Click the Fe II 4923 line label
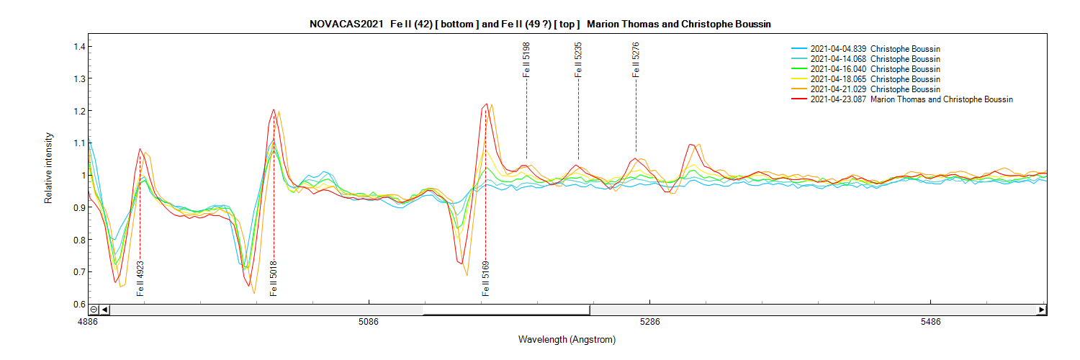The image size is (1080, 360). coord(140,279)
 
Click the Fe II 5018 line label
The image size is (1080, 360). coord(274,279)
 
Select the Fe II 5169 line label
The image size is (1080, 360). coord(486,279)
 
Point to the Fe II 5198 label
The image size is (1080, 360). coord(527,60)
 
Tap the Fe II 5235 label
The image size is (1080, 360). coord(578,60)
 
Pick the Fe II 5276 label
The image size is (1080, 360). coord(636,60)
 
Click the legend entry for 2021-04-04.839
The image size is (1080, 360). coord(875,49)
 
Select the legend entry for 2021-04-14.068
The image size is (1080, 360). coord(875,59)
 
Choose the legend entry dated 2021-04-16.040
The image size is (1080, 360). coord(875,69)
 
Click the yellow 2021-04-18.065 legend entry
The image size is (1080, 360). coord(875,79)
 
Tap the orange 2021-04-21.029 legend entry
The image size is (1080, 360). coord(875,89)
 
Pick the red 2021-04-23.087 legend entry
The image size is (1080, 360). coord(912,99)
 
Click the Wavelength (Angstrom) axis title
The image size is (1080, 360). coord(567,339)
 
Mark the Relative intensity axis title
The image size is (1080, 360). coord(49,168)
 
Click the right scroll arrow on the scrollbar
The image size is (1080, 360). coord(1041,310)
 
